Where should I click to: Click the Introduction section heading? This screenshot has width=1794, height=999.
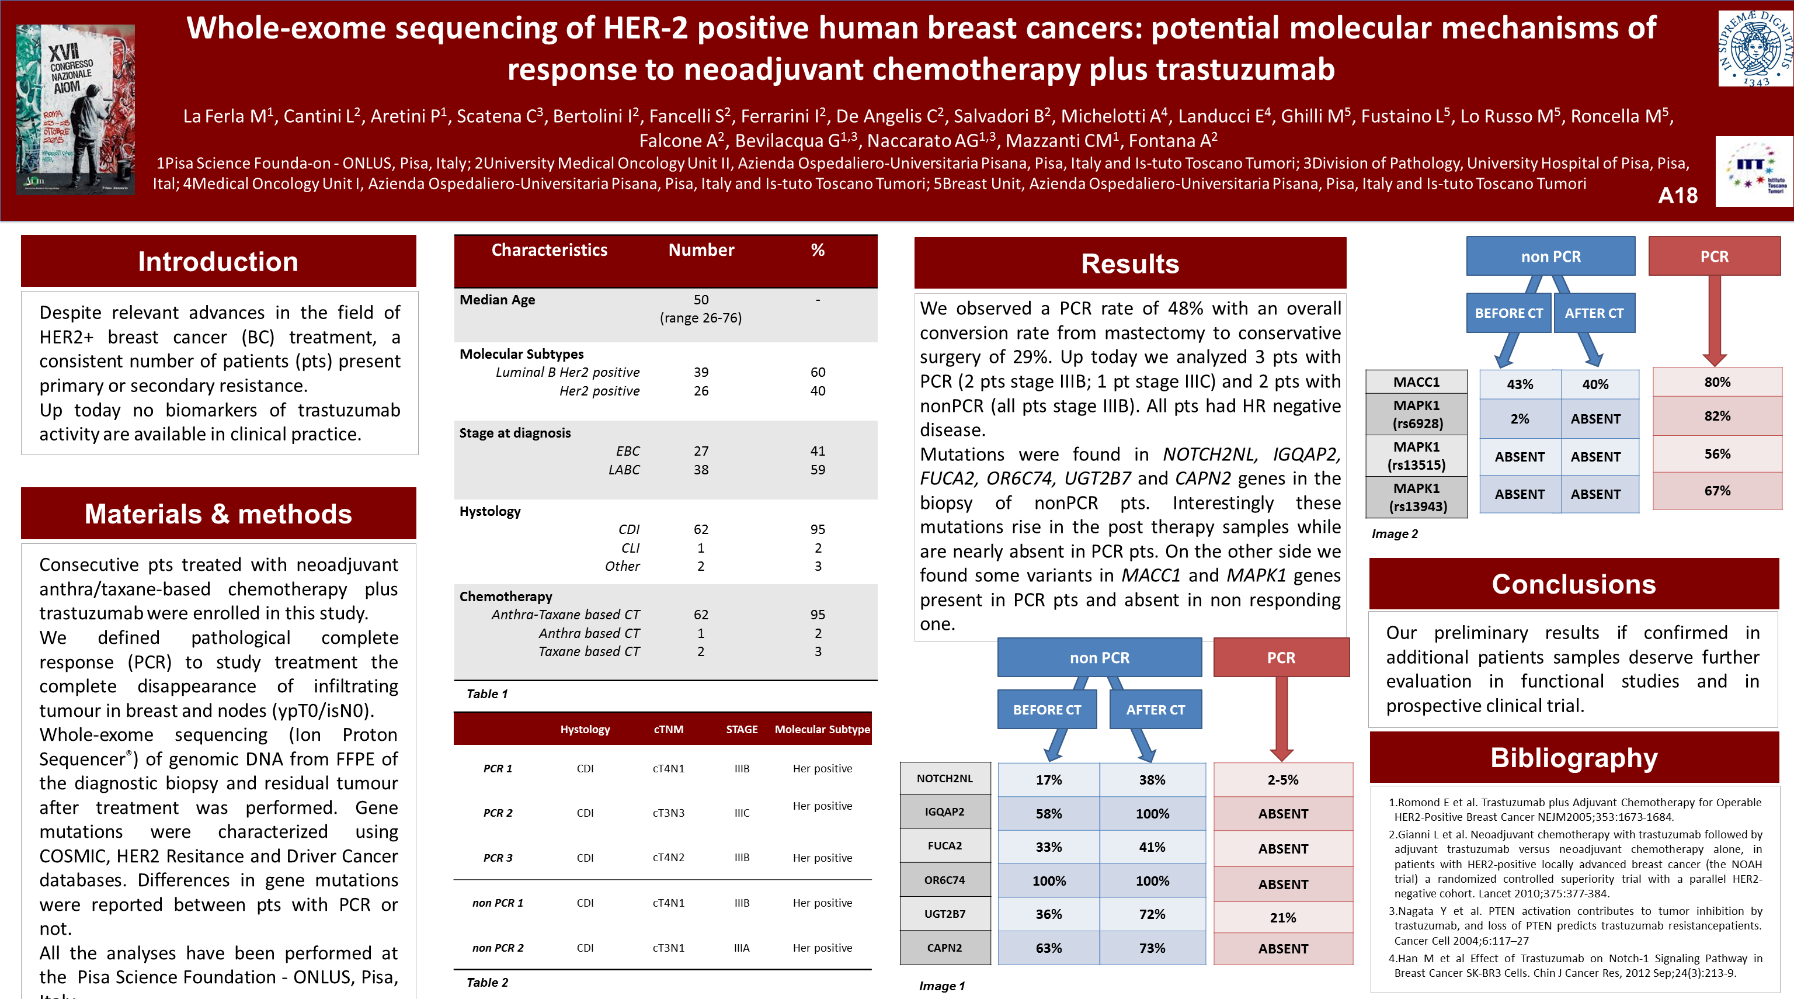pyautogui.click(x=218, y=261)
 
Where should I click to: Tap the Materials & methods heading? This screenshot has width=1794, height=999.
pyautogui.click(x=218, y=514)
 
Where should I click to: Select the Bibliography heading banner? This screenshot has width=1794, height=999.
pyautogui.click(x=1574, y=757)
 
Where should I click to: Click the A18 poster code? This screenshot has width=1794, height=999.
pyautogui.click(x=1678, y=196)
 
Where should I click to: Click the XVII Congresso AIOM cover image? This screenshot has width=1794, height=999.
pyautogui.click(x=75, y=109)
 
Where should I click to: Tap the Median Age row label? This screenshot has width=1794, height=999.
pyautogui.click(x=497, y=300)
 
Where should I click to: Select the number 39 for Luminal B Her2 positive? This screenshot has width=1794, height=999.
pyautogui.click(x=701, y=372)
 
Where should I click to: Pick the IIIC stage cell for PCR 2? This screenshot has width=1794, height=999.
pyautogui.click(x=742, y=813)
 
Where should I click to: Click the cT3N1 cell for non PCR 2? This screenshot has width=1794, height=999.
pyautogui.click(x=668, y=948)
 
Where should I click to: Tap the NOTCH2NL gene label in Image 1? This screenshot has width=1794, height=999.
pyautogui.click(x=944, y=778)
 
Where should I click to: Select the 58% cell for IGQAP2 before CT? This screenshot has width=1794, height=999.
pyautogui.click(x=1048, y=814)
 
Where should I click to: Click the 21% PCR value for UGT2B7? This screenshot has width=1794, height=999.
pyautogui.click(x=1282, y=917)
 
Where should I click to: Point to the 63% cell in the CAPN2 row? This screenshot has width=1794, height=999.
pyautogui.click(x=1048, y=948)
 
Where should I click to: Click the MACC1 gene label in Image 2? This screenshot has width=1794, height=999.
pyautogui.click(x=1416, y=381)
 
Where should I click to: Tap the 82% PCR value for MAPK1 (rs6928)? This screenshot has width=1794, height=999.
pyautogui.click(x=1717, y=416)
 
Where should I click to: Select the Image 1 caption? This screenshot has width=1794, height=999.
pyautogui.click(x=941, y=986)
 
